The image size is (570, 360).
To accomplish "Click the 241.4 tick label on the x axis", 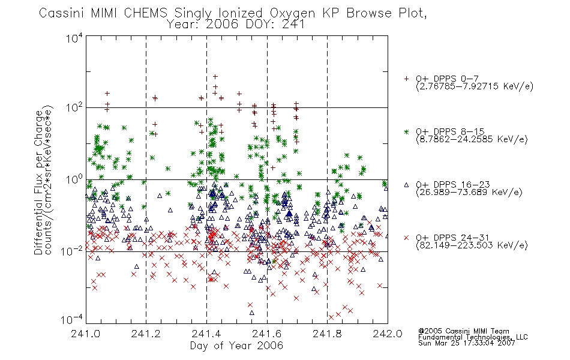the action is (x=206, y=334).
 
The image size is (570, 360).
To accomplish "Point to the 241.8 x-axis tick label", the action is (x=327, y=334).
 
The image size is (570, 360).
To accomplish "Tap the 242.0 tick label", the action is (x=388, y=334).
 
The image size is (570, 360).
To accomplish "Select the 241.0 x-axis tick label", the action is (x=86, y=334).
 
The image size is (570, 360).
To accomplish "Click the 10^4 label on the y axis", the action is (x=74, y=37).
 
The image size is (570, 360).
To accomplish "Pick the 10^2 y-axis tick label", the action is (x=74, y=108).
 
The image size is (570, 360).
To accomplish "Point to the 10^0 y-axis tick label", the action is (x=74, y=180).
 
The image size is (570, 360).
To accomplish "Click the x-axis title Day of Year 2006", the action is (x=236, y=346).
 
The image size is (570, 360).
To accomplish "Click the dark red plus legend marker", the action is (x=406, y=79).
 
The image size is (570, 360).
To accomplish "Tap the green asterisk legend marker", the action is (x=406, y=131).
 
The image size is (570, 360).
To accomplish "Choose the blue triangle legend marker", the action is (x=406, y=185).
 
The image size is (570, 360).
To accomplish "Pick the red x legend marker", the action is (x=406, y=238).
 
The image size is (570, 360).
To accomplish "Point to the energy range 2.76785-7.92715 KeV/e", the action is (x=475, y=86).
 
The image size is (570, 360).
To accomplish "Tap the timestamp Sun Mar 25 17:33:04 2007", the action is (x=467, y=343).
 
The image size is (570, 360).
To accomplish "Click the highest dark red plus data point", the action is (x=215, y=77).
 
